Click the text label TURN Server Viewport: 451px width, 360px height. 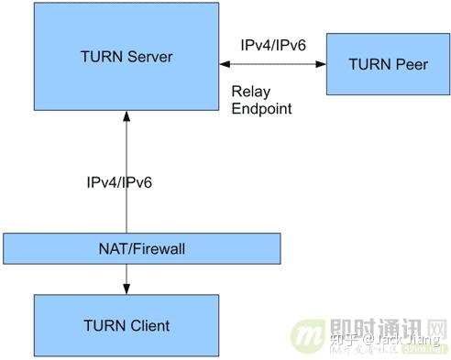click(126, 58)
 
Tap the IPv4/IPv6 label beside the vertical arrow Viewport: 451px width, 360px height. click(114, 182)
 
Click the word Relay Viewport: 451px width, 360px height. click(249, 92)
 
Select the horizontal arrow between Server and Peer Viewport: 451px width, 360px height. click(272, 64)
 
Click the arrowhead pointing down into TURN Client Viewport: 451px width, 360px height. click(126, 289)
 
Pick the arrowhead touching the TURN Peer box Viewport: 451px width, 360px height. click(322, 64)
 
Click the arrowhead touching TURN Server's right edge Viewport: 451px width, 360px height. click(223, 64)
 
